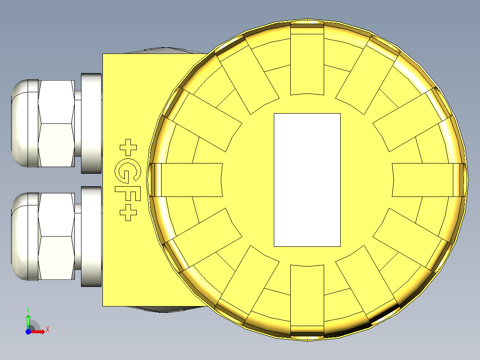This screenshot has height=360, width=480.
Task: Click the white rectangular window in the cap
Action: click(x=307, y=180)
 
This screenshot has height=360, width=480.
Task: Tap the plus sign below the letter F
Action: click(x=128, y=213)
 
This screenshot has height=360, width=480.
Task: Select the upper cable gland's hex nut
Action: click(x=56, y=123)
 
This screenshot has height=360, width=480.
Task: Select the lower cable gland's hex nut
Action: click(x=56, y=236)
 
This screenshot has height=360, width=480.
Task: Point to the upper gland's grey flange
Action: click(x=92, y=123)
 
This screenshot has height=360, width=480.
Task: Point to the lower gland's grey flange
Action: click(x=92, y=236)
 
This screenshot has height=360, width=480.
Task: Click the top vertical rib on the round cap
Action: click(x=307, y=60)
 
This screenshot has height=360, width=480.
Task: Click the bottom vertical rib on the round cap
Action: click(x=307, y=299)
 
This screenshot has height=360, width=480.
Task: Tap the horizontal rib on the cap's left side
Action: click(x=189, y=180)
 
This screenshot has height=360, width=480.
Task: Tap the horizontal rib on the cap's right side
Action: click(x=425, y=180)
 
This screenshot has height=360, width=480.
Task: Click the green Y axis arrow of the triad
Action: click(x=28, y=320)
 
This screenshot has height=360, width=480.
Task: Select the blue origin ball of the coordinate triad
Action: click(x=28, y=331)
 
